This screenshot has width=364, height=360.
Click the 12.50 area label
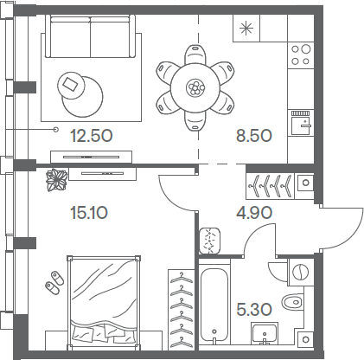92,136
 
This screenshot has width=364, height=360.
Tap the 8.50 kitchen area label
254,136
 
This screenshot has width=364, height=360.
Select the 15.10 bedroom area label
89,213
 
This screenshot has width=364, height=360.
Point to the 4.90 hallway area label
254,213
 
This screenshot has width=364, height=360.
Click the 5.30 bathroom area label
254,310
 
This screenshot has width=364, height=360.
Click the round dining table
195,87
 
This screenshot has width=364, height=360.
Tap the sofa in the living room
91,36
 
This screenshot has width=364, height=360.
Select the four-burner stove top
301,55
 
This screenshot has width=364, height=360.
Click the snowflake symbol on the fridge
246,28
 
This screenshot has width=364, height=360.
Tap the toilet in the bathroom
292,302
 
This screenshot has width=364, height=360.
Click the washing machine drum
301,272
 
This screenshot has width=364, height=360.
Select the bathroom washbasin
265,333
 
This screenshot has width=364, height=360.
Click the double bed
104,303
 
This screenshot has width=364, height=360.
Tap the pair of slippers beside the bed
54,282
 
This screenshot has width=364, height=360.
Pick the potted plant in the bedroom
56,180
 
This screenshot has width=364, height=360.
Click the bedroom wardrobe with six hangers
182,310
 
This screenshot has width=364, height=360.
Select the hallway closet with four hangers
270,186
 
